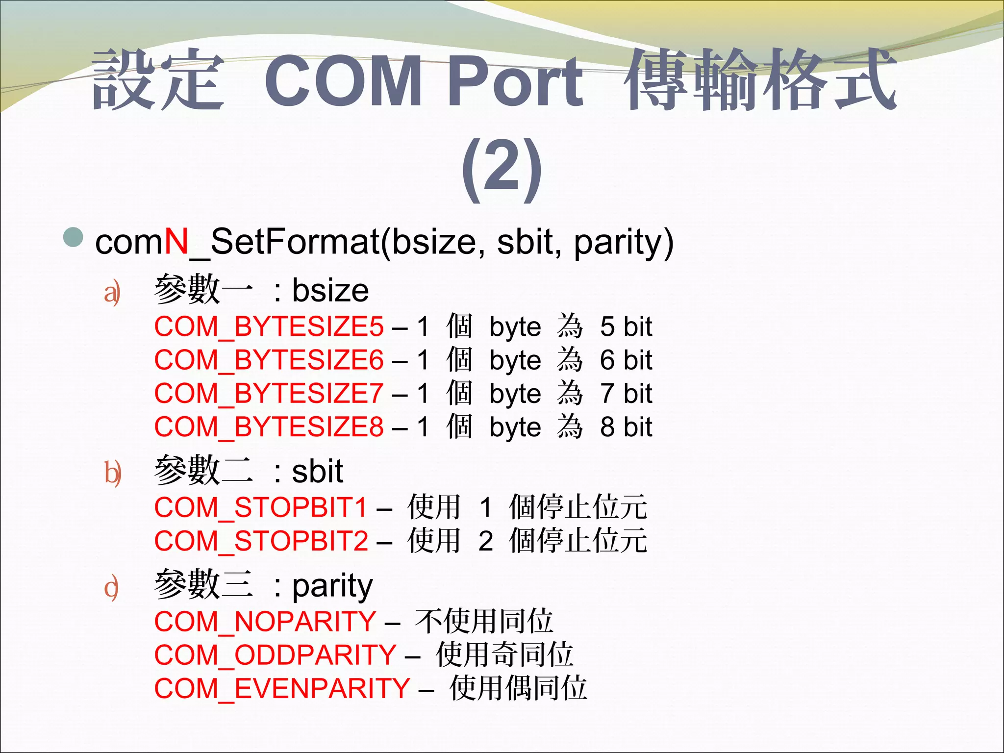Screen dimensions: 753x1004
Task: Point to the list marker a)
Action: coord(112,293)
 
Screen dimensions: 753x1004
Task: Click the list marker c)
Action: coord(112,588)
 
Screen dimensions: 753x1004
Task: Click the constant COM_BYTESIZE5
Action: coord(269,327)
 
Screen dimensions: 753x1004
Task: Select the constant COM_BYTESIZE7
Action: coord(269,394)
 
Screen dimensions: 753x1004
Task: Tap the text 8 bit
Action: coord(626,427)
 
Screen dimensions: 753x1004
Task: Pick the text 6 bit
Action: coord(626,360)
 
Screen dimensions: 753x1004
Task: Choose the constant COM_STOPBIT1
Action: coord(261,507)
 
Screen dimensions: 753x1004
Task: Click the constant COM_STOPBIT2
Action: coord(261,541)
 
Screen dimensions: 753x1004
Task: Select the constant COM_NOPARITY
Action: coord(265,622)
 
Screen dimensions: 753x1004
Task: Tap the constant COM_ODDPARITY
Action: coord(275,655)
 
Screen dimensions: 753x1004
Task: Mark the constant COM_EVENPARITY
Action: coord(282,688)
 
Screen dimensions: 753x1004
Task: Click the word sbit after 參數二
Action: coord(318,472)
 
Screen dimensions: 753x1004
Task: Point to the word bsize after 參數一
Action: coord(330,291)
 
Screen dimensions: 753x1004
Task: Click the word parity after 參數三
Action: coord(332,586)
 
